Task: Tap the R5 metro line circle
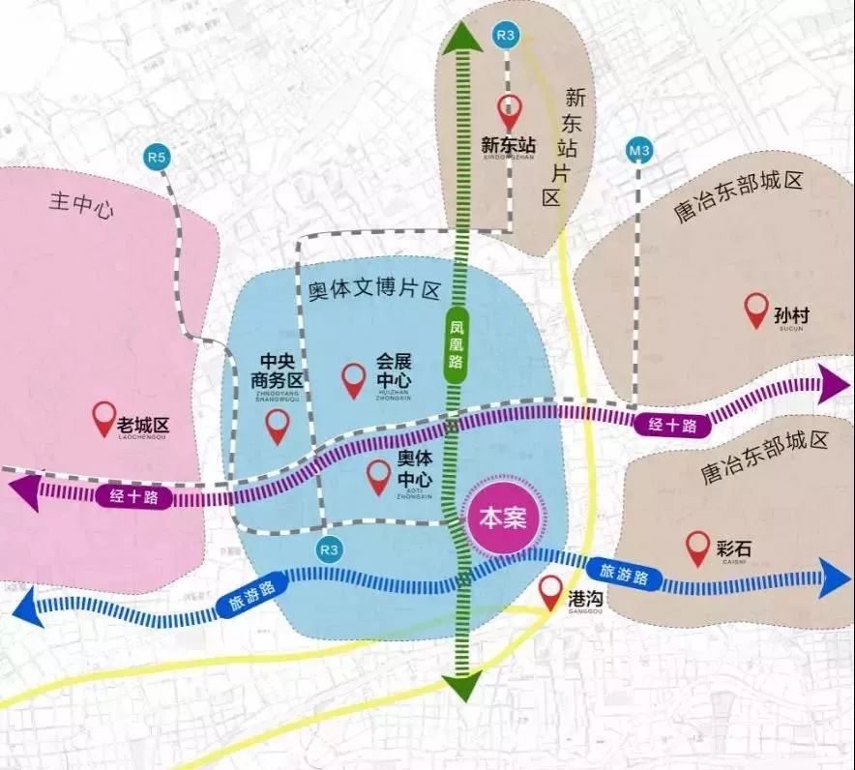[x=157, y=156]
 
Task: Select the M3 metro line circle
[x=639, y=152]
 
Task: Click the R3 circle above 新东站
[x=504, y=36]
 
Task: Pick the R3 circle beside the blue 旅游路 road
[x=331, y=549]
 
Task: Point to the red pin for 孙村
[x=756, y=311]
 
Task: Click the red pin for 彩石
[x=697, y=548]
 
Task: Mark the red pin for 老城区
[x=103, y=419]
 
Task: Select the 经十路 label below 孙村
[x=669, y=423]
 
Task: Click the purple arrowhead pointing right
[x=833, y=384]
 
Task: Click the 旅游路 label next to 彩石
[x=626, y=573]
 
